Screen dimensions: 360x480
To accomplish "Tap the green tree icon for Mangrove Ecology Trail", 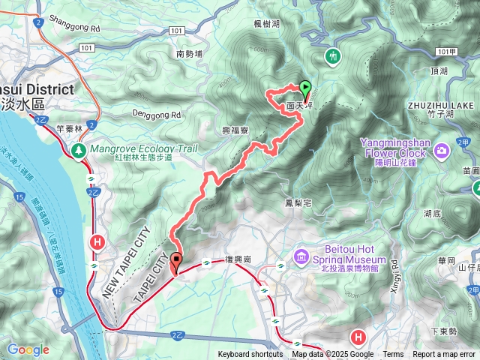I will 78,150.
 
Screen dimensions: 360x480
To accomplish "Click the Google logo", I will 28,349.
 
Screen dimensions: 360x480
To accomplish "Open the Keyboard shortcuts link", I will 250,355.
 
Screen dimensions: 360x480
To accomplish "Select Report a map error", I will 444,355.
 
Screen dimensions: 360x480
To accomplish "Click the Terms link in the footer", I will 393,355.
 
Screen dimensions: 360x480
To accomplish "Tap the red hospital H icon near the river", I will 97,241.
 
